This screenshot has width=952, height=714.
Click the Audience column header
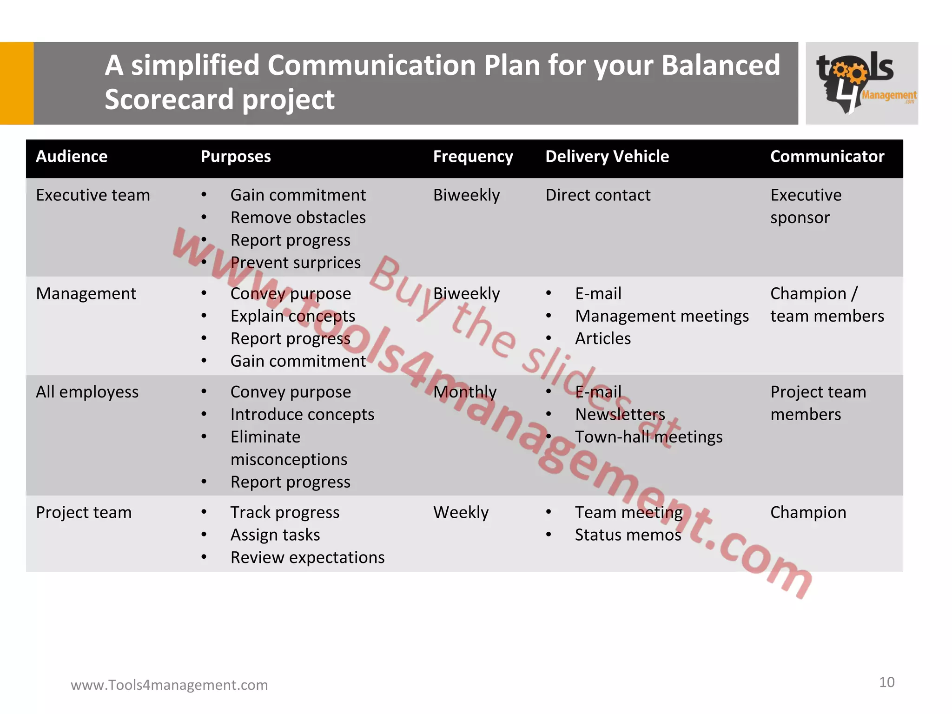click(72, 157)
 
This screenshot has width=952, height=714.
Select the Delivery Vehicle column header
click(607, 157)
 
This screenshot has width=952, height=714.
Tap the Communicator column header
click(827, 157)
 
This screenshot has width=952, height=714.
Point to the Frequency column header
click(473, 157)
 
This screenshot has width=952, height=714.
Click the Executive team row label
click(93, 195)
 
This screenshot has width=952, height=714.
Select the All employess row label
click(87, 392)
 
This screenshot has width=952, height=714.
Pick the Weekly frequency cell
click(461, 512)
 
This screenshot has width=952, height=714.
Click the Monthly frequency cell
click(465, 392)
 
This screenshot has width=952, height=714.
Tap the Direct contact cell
click(598, 195)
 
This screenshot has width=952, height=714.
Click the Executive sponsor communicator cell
click(806, 206)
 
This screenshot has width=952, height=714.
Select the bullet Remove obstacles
click(298, 218)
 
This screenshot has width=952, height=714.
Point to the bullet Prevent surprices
click(295, 263)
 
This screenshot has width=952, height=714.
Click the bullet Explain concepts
click(293, 316)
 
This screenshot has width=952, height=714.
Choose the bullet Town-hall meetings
click(648, 437)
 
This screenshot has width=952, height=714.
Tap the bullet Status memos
click(628, 535)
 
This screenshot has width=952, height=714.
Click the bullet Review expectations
click(307, 557)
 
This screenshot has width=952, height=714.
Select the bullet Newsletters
click(620, 414)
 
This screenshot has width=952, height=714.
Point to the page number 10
click(886, 682)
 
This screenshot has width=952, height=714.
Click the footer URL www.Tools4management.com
click(169, 685)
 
